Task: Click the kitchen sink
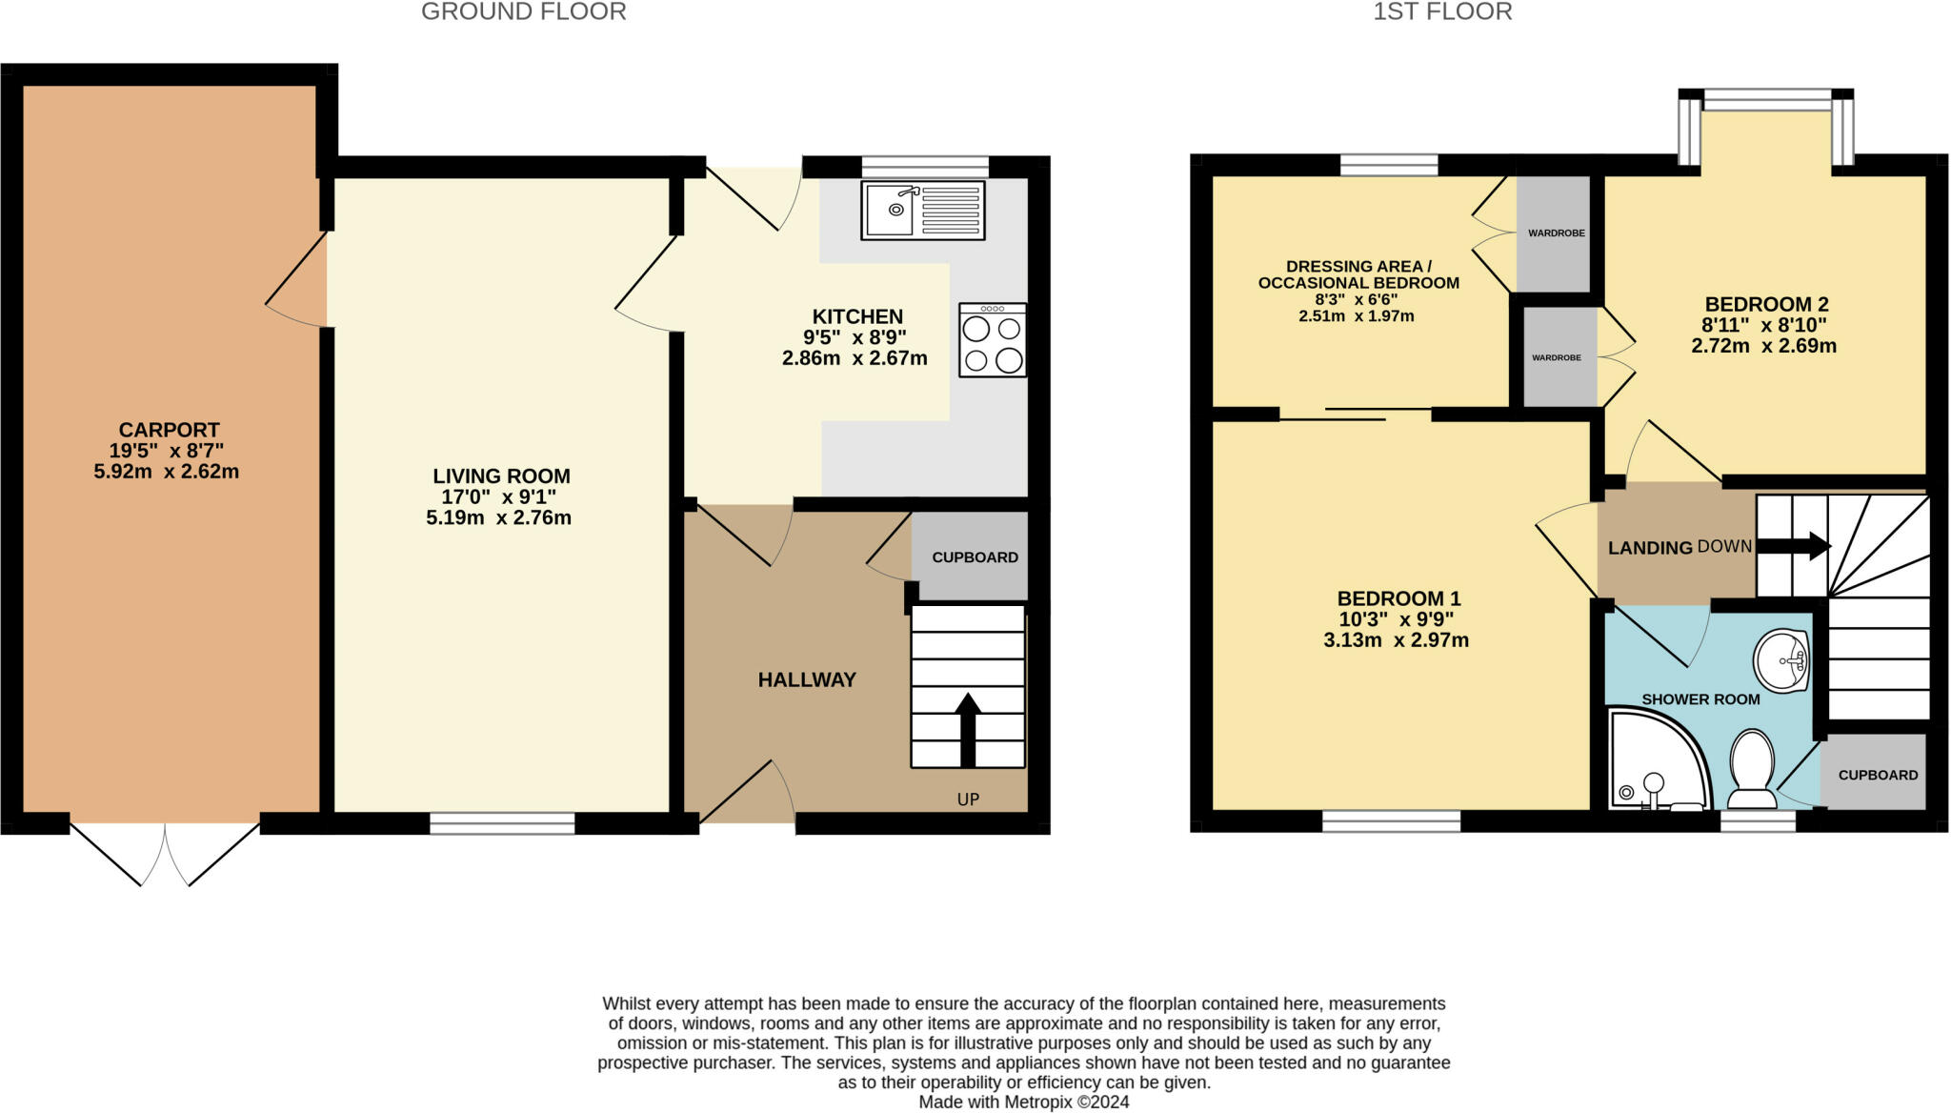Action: (923, 210)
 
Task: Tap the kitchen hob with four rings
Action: (993, 340)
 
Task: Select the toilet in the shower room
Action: (1751, 768)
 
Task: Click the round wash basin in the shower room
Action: (1781, 660)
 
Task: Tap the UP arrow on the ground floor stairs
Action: (968, 730)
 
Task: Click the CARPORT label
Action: (169, 430)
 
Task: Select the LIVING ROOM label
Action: (501, 476)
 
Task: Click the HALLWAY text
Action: (807, 679)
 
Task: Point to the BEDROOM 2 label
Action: (1766, 304)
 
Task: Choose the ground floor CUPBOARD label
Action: (975, 557)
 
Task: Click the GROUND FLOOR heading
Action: (524, 11)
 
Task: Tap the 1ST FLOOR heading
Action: (1442, 11)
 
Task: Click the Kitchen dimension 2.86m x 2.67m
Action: (855, 358)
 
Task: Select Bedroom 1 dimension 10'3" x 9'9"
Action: (1397, 619)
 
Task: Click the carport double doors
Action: (165, 853)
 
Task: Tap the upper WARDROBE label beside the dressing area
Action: (1557, 233)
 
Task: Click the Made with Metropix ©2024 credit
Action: (1024, 1103)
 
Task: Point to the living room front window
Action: (502, 823)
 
